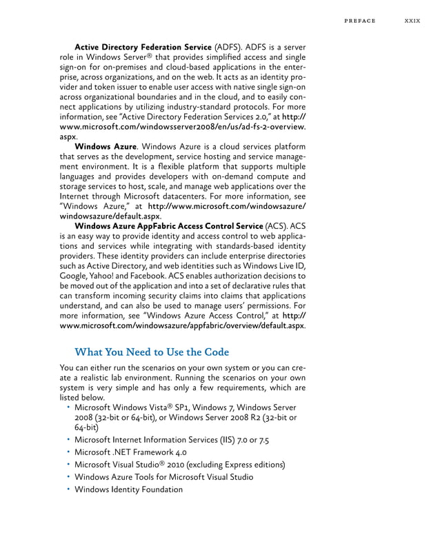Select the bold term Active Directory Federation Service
(143, 47)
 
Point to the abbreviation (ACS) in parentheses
(277, 225)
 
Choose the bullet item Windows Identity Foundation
(129, 489)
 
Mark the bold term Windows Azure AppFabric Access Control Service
(168, 225)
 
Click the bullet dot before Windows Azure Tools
(69, 477)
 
